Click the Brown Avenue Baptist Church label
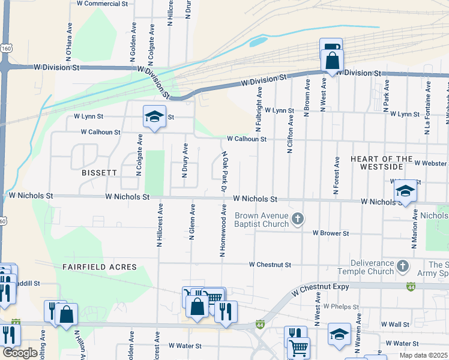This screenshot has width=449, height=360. pos(262,220)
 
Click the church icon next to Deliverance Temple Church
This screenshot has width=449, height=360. pos(403,265)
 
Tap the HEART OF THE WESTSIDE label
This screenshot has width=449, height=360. pos(382,163)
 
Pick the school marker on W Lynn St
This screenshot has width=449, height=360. pos(154,116)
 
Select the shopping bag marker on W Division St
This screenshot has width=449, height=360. pos(332,61)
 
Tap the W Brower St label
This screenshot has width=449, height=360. pos(330,233)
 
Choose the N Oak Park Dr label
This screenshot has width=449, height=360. pos(223,172)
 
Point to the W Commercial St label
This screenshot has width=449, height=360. pos(103,4)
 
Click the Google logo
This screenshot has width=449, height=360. pos(19,353)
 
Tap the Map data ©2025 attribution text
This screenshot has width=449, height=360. pos(423,355)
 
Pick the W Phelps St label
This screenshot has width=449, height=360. pos(340,307)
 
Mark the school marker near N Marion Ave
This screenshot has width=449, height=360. pos(406,191)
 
